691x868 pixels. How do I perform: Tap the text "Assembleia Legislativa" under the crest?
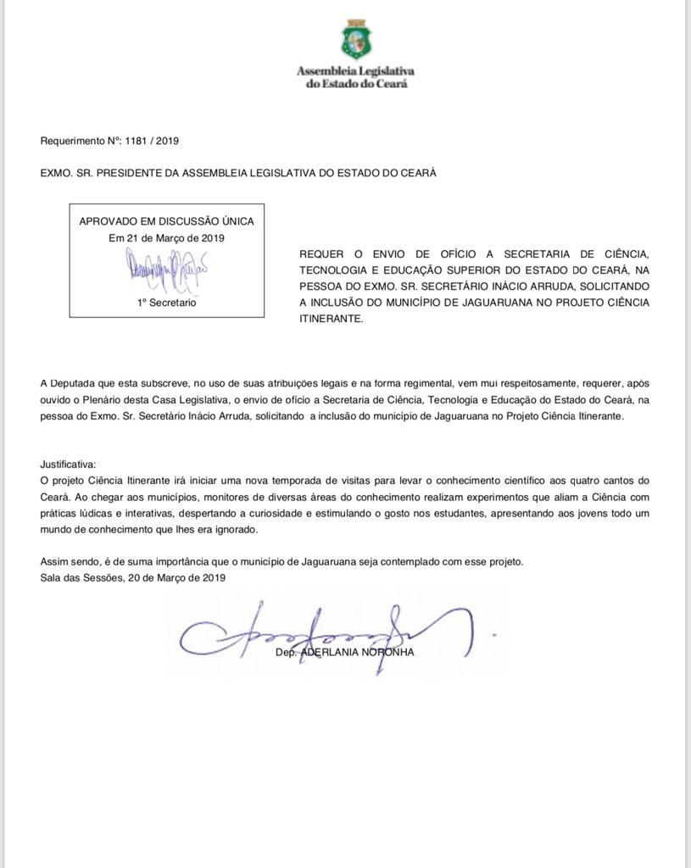pyautogui.click(x=355, y=72)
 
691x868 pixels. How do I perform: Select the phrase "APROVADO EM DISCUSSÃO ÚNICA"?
pyautogui.click(x=166, y=221)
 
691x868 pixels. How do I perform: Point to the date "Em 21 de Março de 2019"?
pyautogui.click(x=166, y=238)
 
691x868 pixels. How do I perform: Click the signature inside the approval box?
pyautogui.click(x=167, y=270)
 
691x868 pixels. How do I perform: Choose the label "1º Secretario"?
pyautogui.click(x=166, y=303)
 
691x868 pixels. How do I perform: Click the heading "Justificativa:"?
pyautogui.click(x=69, y=465)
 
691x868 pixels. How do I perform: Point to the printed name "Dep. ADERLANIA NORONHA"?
pyautogui.click(x=345, y=653)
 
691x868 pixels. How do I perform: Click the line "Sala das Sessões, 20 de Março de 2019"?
pyautogui.click(x=132, y=577)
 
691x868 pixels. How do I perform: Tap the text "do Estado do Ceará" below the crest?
pyautogui.click(x=355, y=85)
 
